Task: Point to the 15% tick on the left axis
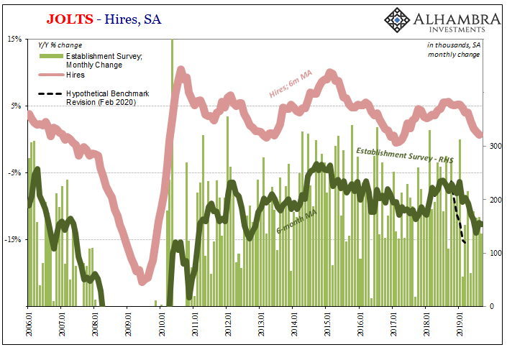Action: point(16,40)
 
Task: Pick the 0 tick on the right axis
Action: point(491,306)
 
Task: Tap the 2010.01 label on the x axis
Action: point(160,326)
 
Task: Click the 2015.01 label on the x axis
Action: point(326,326)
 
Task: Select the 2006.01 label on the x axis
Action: point(28,326)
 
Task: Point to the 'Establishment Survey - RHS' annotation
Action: point(405,156)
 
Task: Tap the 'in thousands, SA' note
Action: point(454,45)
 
